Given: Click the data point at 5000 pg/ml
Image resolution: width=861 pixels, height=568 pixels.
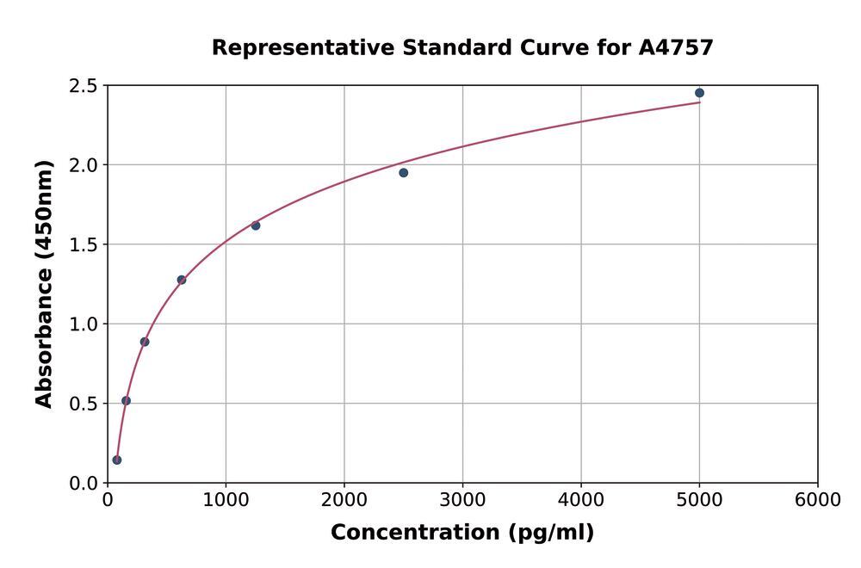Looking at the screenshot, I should pyautogui.click(x=699, y=93).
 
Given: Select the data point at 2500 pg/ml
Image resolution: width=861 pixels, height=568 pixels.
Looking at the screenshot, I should pyautogui.click(x=403, y=173).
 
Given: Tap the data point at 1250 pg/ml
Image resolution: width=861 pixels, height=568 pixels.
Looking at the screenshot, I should pyautogui.click(x=256, y=225).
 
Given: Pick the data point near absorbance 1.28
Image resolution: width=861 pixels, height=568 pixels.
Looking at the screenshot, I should pyautogui.click(x=182, y=280).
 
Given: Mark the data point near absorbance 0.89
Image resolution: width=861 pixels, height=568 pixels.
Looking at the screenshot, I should pyautogui.click(x=145, y=342).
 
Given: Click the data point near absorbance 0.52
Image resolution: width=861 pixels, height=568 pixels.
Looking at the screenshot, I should pyautogui.click(x=126, y=400).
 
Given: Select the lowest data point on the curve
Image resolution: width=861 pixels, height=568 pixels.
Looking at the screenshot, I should pyautogui.click(x=117, y=460).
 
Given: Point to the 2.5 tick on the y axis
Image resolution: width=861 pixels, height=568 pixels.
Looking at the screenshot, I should pyautogui.click(x=83, y=86).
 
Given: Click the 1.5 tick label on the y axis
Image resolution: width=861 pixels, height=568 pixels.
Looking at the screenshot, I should pyautogui.click(x=83, y=245).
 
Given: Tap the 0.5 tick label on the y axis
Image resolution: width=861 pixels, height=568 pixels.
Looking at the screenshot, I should pyautogui.click(x=83, y=404).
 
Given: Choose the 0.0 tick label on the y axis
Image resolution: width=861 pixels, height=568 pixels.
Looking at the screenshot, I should pyautogui.click(x=83, y=484).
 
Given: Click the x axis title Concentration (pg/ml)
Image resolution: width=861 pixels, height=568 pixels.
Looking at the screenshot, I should pyautogui.click(x=462, y=533).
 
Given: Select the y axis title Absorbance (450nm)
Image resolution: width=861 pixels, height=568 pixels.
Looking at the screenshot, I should pyautogui.click(x=44, y=284).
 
